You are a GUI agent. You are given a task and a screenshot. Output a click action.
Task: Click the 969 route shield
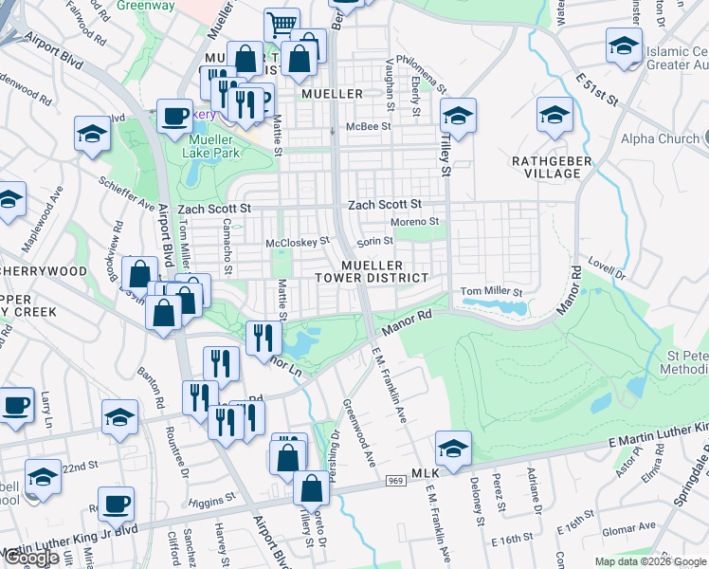pyautogui.click(x=393, y=482)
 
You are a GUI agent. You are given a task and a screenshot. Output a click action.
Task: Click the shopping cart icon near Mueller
pyautogui.click(x=282, y=26)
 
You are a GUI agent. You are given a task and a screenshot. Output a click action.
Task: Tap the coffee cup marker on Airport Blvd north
pyautogui.click(x=174, y=117)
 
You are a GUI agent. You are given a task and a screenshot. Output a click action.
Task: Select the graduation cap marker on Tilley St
pyautogui.click(x=458, y=117)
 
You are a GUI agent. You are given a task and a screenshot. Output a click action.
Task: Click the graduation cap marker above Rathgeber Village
pyautogui.click(x=554, y=117)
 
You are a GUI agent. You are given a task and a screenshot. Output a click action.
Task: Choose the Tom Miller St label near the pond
pyautogui.click(x=492, y=291)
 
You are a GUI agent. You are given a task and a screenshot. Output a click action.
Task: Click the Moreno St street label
pyautogui.click(x=418, y=222)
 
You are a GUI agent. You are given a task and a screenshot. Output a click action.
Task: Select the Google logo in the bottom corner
pyautogui.click(x=32, y=559)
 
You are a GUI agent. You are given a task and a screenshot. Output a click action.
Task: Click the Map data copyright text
pyautogui.click(x=651, y=561)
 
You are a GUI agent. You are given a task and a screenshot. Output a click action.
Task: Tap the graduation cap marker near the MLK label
pyautogui.click(x=453, y=450)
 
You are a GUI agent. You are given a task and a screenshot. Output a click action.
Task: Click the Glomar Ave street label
pyautogui.click(x=632, y=526)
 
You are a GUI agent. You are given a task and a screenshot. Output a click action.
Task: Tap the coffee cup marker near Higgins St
pyautogui.click(x=116, y=505)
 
